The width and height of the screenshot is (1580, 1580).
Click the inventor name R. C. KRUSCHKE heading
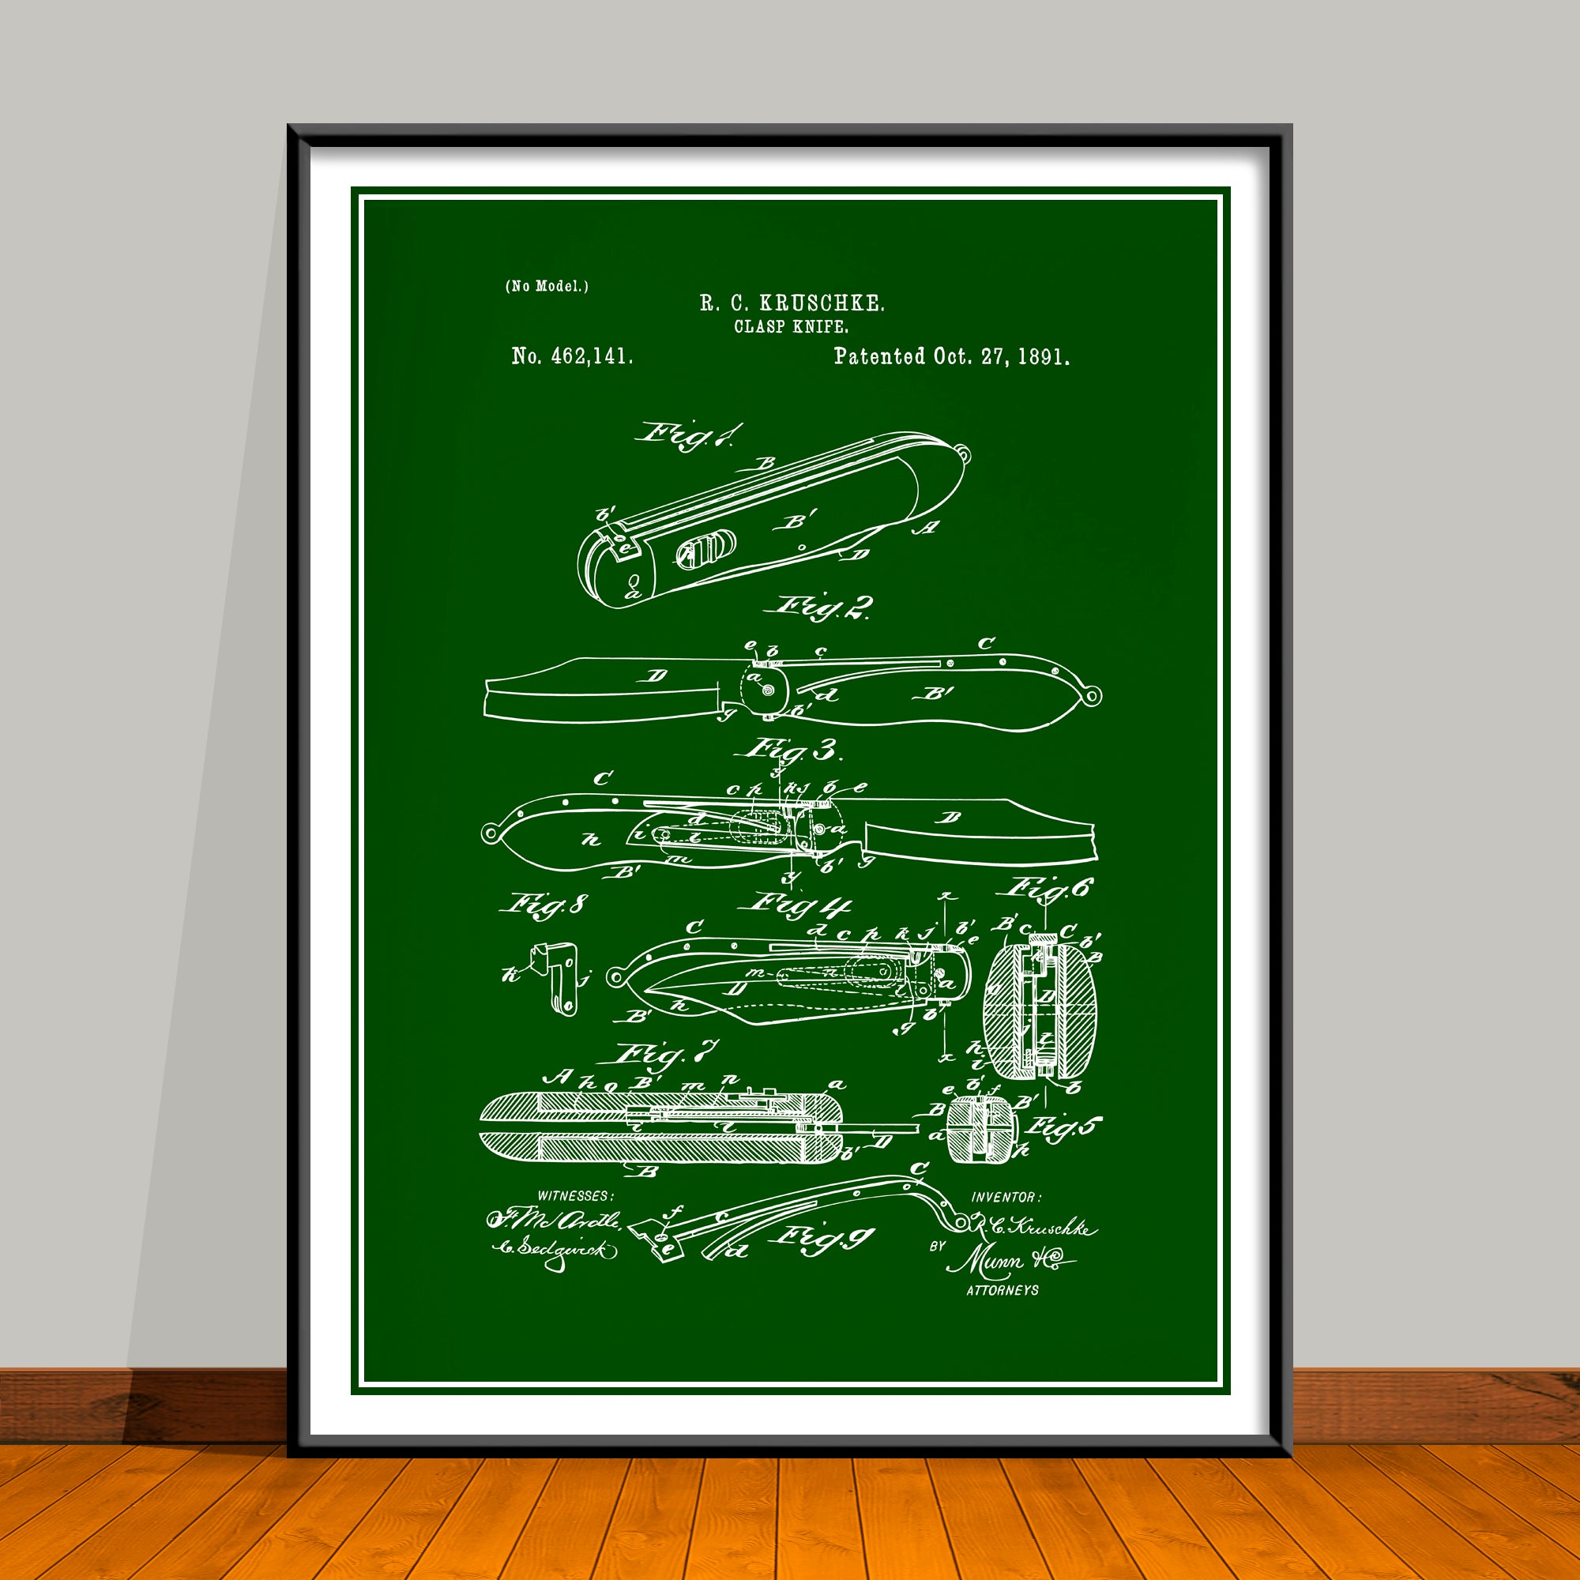pyautogui.click(x=792, y=303)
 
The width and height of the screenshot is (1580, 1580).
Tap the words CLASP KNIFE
pyautogui.click(x=791, y=326)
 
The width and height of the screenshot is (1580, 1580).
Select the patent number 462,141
pyautogui.click(x=591, y=356)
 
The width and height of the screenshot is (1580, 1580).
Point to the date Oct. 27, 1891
pyautogui.click(x=1001, y=356)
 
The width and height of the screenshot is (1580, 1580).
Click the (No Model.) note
pyautogui.click(x=547, y=285)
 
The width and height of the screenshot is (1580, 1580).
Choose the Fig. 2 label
pyautogui.click(x=822, y=607)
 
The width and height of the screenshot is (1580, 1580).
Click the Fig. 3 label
pyautogui.click(x=792, y=749)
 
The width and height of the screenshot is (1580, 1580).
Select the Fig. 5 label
pyautogui.click(x=1063, y=1129)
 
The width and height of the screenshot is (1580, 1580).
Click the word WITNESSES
pyautogui.click(x=574, y=1195)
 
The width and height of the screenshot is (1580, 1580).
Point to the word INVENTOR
pyautogui.click(x=1006, y=1198)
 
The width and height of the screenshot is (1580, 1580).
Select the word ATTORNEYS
pyautogui.click(x=1003, y=1291)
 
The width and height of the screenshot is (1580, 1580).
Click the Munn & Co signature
pyautogui.click(x=1006, y=1261)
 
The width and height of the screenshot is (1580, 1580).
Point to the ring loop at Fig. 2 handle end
pyautogui.click(x=1093, y=695)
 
